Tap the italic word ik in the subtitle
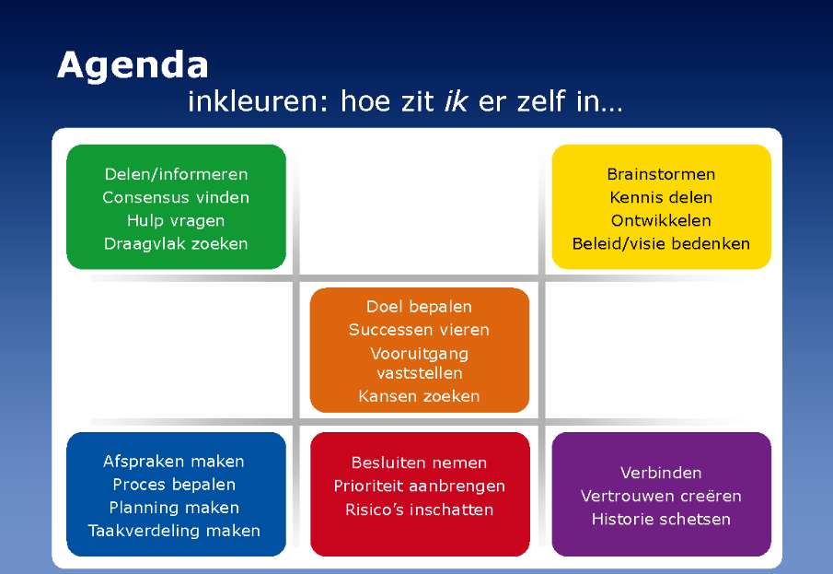[456, 101]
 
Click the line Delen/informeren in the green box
[176, 174]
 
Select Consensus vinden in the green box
[176, 197]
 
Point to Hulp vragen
[176, 221]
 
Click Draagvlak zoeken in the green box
[176, 243]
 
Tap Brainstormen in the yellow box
[661, 174]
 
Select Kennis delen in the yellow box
[661, 197]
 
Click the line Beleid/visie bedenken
[661, 243]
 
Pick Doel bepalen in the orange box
[419, 307]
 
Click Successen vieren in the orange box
[419, 330]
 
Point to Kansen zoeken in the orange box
[419, 396]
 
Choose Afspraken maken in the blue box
[174, 462]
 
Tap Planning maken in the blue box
[174, 508]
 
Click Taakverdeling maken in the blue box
[174, 531]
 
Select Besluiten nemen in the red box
[419, 463]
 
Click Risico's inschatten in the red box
[419, 510]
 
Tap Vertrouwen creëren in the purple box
[661, 497]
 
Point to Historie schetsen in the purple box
[661, 520]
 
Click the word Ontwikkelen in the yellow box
[661, 221]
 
